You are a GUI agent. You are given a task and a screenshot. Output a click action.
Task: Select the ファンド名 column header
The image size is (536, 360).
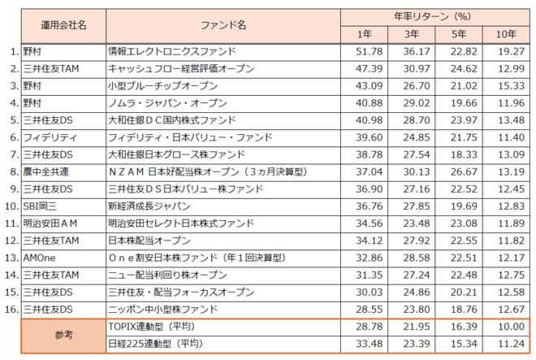point(223,25)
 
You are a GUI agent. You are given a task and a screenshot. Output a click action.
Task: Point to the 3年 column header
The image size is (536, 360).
point(411,34)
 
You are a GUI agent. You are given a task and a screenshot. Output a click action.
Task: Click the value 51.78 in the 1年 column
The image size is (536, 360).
point(364,50)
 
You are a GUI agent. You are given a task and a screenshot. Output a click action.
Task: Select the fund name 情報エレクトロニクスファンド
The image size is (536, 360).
point(161,50)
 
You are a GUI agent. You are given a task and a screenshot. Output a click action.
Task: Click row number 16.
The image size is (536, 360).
point(11,309)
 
